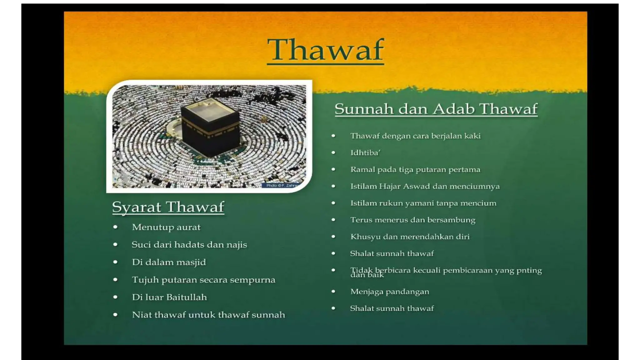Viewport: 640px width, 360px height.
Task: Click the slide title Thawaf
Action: pyautogui.click(x=325, y=50)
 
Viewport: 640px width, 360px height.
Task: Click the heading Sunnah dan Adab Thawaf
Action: pyautogui.click(x=436, y=109)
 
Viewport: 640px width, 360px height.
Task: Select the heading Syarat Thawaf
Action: pyautogui.click(x=168, y=207)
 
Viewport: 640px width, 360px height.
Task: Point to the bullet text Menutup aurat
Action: pyautogui.click(x=166, y=227)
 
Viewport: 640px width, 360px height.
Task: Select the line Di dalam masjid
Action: pyautogui.click(x=169, y=262)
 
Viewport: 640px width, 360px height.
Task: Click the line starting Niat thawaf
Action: pyautogui.click(x=208, y=315)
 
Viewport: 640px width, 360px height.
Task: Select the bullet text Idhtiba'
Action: pyautogui.click(x=365, y=153)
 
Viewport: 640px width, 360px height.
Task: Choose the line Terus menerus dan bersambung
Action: pyautogui.click(x=412, y=220)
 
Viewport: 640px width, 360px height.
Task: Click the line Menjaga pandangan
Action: pyautogui.click(x=389, y=292)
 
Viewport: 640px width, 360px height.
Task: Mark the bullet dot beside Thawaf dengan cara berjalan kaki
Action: pyautogui.click(x=333, y=136)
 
